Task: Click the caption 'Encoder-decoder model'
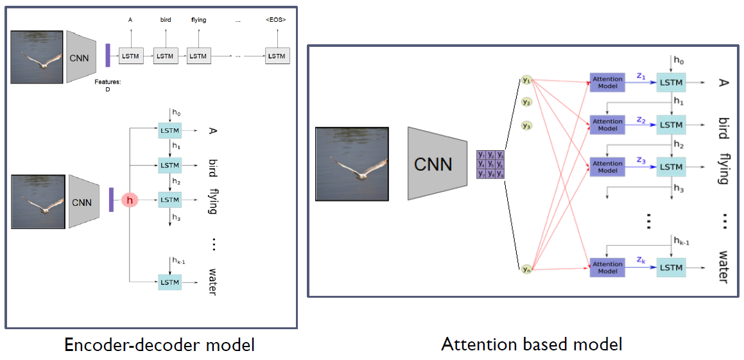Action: point(159,345)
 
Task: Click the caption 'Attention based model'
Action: point(532,344)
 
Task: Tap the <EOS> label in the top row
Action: point(276,20)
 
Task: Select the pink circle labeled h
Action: point(130,201)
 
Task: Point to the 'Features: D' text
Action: point(107,86)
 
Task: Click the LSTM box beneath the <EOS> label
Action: point(277,56)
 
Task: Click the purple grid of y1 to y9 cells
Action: point(490,164)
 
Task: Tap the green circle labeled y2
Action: point(526,102)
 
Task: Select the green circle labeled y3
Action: point(526,126)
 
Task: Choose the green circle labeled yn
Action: point(526,269)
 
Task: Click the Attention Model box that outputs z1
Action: point(607,82)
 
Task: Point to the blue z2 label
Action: point(641,119)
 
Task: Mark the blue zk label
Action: point(641,260)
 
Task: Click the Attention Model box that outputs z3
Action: point(607,167)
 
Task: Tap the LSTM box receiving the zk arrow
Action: point(671,268)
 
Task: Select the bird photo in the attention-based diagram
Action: point(351,164)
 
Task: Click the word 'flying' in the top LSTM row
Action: point(199,20)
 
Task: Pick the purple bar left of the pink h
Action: point(111,200)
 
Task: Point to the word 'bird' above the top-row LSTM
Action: point(166,20)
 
